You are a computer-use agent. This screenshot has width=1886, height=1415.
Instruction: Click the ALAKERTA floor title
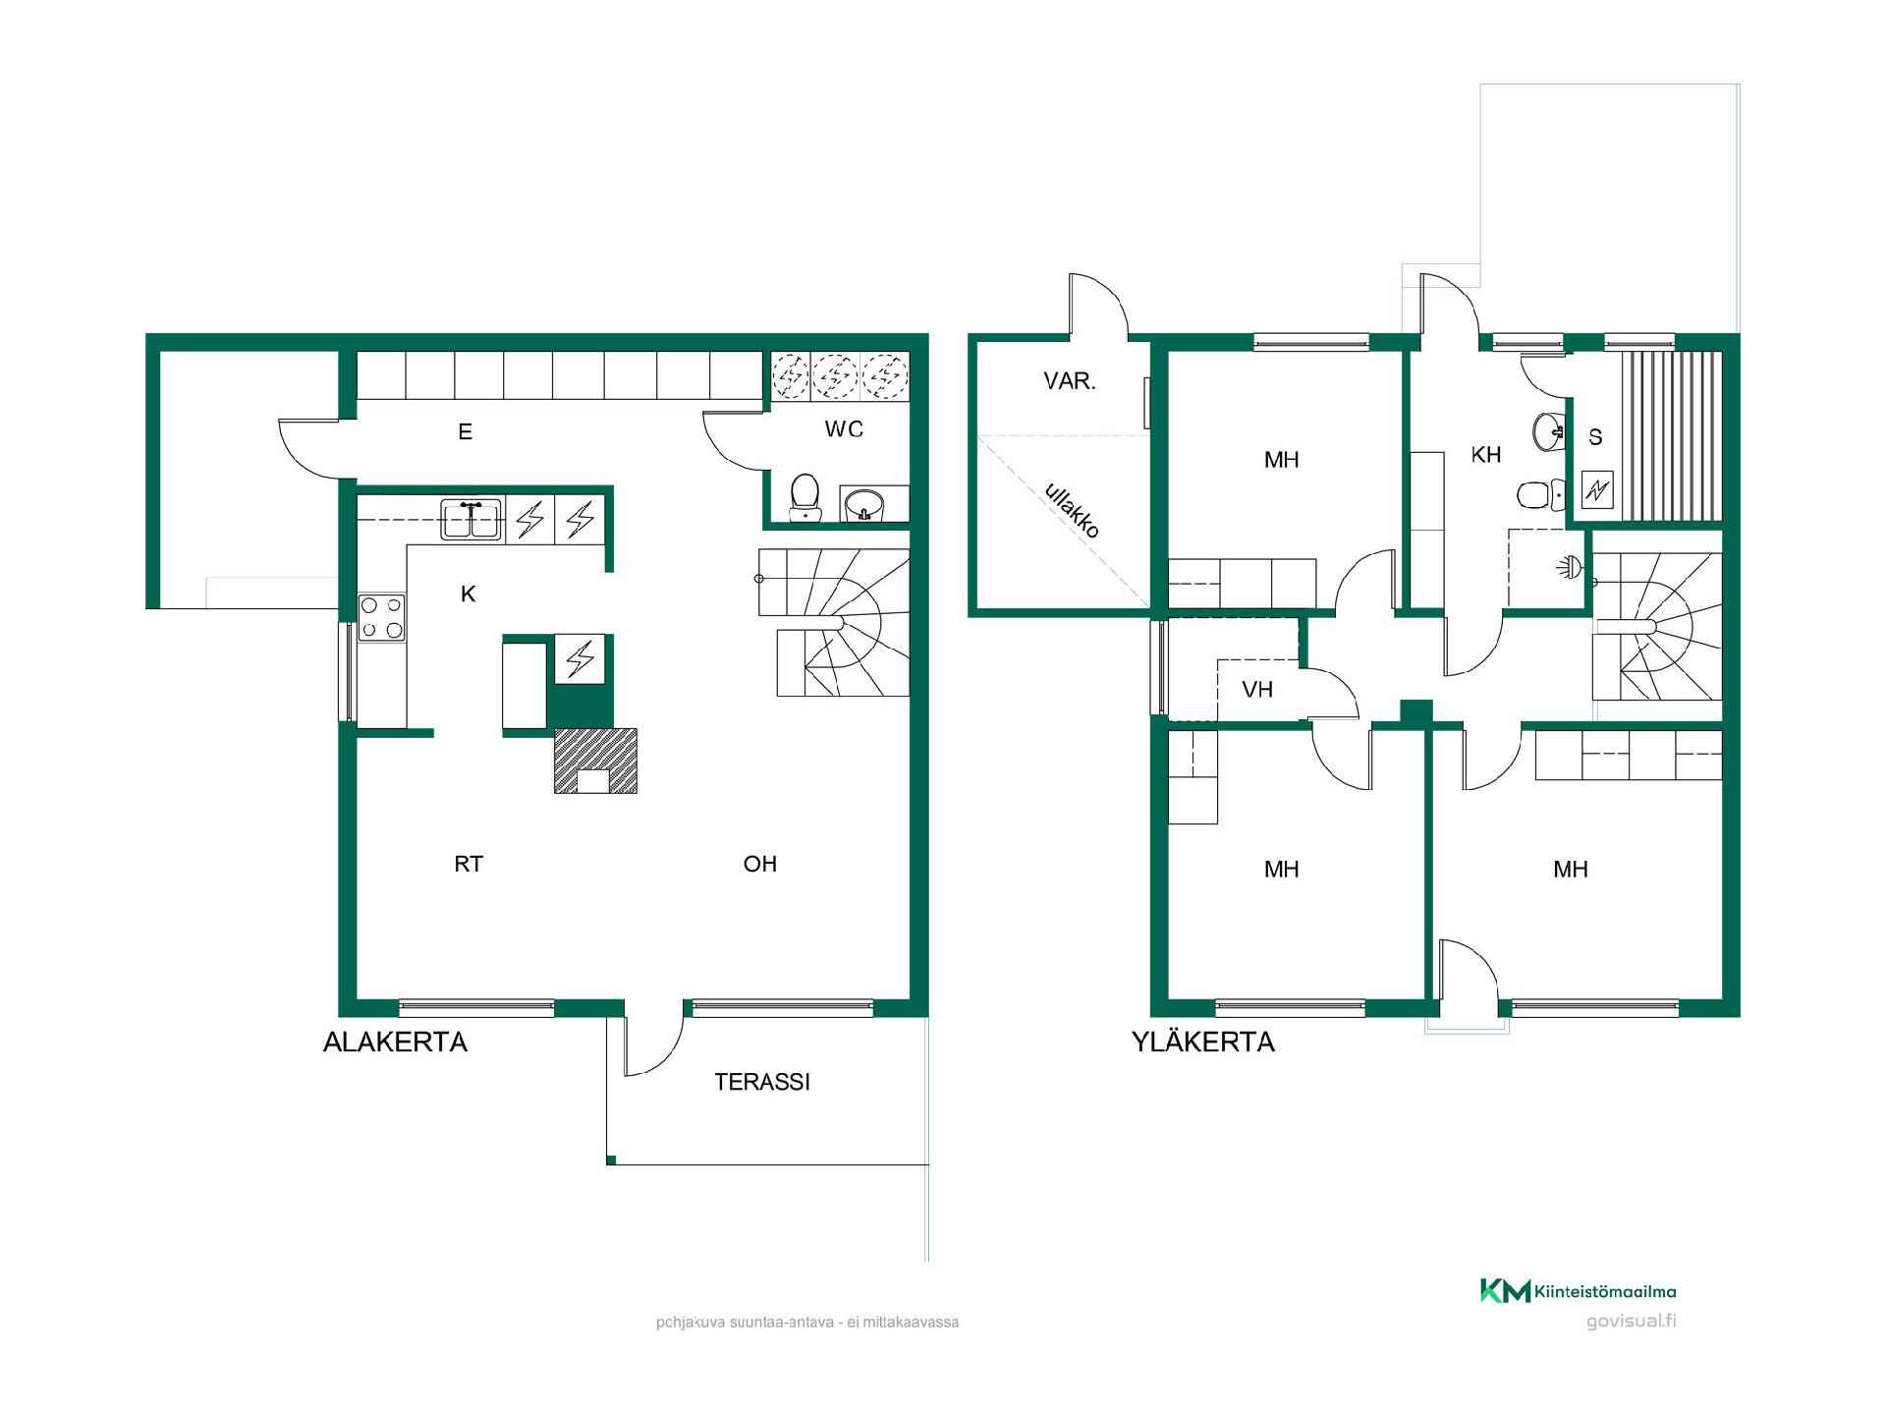tap(395, 1042)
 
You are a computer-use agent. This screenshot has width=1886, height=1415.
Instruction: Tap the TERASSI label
tap(762, 1082)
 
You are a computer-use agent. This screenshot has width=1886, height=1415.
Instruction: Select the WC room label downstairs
tap(844, 428)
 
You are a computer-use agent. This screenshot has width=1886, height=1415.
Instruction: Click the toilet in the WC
tap(805, 498)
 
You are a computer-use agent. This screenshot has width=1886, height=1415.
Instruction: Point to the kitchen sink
tap(471, 520)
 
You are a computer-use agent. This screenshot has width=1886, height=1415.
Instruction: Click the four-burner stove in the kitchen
tap(381, 617)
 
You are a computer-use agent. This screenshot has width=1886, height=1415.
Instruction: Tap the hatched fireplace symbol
tap(595, 761)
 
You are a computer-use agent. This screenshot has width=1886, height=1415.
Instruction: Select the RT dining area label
tap(469, 864)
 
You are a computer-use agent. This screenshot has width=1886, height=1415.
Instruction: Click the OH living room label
tap(760, 864)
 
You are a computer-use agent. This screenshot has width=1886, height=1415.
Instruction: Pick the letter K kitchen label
tap(468, 594)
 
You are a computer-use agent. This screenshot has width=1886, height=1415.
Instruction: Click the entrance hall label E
tap(466, 431)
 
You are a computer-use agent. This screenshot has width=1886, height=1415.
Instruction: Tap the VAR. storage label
tap(1070, 380)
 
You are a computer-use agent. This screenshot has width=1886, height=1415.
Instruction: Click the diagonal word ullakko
tap(1072, 510)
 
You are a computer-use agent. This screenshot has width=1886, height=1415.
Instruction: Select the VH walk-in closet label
tap(1257, 690)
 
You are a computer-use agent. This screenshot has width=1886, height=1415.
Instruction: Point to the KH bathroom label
tap(1486, 454)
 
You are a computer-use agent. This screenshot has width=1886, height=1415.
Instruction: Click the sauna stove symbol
tap(1597, 489)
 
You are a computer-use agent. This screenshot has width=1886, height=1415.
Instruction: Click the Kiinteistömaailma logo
tap(1579, 1291)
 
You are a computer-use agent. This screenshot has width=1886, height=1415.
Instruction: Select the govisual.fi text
tap(1632, 1322)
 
